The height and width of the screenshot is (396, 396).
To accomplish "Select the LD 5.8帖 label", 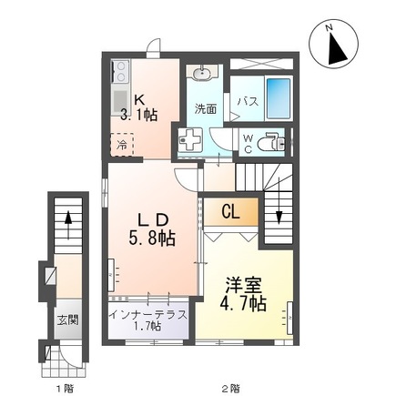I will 151,228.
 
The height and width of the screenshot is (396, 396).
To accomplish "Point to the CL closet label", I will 231,213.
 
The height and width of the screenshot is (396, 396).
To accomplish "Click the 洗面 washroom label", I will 206,109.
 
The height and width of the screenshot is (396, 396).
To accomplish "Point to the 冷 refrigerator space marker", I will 121,144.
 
